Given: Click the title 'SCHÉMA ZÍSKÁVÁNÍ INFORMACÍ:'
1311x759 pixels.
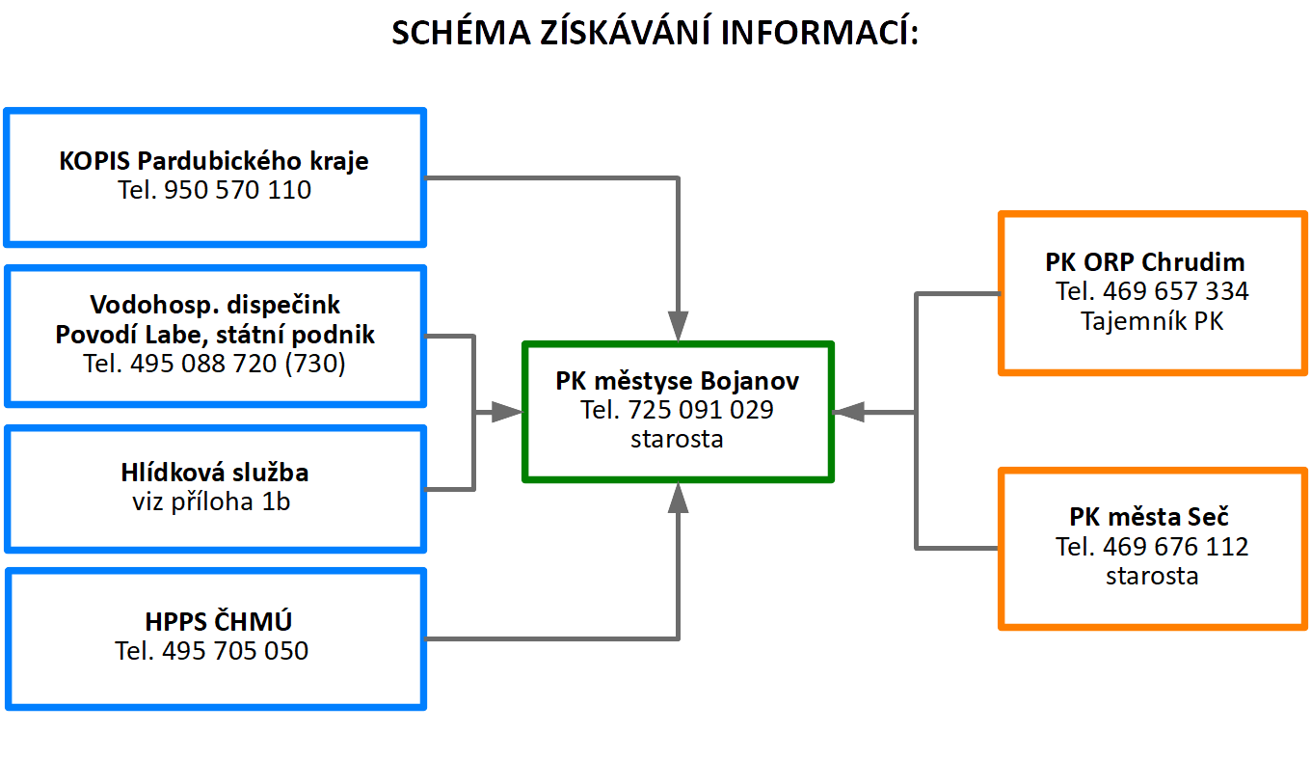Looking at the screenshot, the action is (655, 32).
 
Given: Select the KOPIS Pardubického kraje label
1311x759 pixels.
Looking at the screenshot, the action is (214, 161).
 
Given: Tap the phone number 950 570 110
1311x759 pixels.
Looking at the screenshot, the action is (237, 190).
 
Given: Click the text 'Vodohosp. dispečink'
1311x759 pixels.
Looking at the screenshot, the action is (215, 305).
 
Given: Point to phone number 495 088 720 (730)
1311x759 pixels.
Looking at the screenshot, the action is (237, 364).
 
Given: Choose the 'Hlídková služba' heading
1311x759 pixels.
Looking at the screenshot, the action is (215, 473).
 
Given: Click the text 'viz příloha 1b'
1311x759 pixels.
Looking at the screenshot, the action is (211, 501).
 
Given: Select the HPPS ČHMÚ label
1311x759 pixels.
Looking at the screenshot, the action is (218, 621).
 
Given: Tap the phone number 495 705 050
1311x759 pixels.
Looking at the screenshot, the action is (235, 651).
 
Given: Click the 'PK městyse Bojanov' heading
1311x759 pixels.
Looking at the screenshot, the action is (677, 381).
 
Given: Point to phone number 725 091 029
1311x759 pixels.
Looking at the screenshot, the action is (701, 410).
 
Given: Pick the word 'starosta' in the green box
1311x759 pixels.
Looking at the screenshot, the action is (677, 439).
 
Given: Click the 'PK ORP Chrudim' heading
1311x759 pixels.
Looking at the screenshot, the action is (1145, 262).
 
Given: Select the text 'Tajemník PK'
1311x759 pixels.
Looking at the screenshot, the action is (1152, 321).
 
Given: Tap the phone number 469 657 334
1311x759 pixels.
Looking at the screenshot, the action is (1176, 291).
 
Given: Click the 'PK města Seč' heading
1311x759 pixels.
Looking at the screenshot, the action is (1149, 517).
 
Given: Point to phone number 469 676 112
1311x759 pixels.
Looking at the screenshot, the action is (1176, 547).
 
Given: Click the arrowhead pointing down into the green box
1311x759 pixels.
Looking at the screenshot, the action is (678, 326).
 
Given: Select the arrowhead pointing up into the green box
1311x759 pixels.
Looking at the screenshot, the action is (678, 498).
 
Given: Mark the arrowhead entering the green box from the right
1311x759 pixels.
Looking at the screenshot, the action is (848, 413).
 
